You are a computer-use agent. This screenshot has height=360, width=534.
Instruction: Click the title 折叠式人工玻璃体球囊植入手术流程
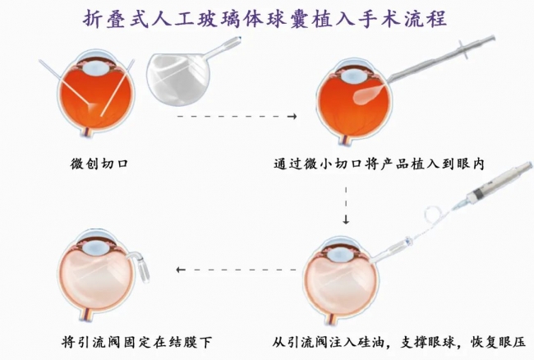tap(265, 19)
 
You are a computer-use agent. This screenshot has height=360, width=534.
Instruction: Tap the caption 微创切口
tap(99, 164)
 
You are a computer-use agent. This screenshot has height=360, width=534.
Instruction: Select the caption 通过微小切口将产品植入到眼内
tap(379, 164)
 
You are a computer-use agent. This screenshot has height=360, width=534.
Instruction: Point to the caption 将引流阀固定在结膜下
tap(137, 342)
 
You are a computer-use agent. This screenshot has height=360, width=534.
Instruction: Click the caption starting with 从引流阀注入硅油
tap(399, 342)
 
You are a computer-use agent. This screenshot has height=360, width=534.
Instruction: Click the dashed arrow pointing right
tap(237, 117)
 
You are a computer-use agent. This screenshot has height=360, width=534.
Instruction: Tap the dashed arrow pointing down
tap(346, 205)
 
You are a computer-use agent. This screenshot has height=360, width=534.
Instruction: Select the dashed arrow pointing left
tap(237, 270)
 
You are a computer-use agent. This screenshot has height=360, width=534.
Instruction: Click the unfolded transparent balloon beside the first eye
tap(178, 80)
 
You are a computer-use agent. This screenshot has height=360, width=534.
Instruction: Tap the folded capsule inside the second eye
tap(370, 95)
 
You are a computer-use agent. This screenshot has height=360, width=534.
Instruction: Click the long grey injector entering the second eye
tap(442, 59)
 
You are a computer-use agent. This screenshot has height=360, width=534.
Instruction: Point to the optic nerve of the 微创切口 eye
tap(87, 132)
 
